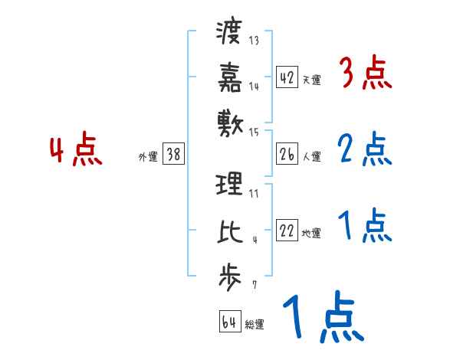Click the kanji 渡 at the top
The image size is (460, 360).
pyautogui.click(x=230, y=33)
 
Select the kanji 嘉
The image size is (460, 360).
pyautogui.click(x=230, y=77)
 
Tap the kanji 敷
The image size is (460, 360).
pyautogui.click(x=230, y=121)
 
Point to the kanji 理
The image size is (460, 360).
pyautogui.click(x=230, y=185)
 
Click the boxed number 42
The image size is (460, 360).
pyautogui.click(x=287, y=77)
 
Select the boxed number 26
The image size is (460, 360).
pyautogui.click(x=287, y=154)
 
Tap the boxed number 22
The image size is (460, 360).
pyautogui.click(x=287, y=231)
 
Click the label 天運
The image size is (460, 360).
pyautogui.click(x=311, y=80)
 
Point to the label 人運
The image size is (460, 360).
pyautogui.click(x=311, y=156)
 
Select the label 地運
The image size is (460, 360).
pyautogui.click(x=311, y=233)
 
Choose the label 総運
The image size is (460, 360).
pyautogui.click(x=255, y=324)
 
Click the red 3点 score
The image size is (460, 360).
pyautogui.click(x=366, y=75)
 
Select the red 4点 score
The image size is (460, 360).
pyautogui.click(x=75, y=150)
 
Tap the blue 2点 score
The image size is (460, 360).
pyautogui.click(x=366, y=150)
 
